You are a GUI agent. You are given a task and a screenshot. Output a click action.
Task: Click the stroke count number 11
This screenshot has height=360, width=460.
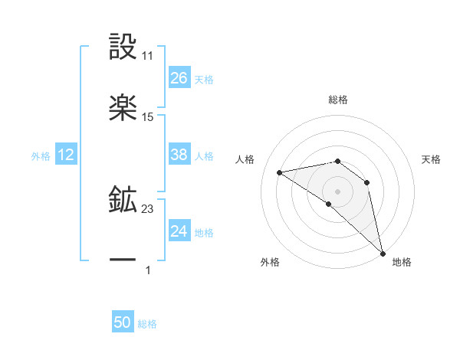(148, 56)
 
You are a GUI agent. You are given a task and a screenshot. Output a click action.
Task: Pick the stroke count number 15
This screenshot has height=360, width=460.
(148, 116)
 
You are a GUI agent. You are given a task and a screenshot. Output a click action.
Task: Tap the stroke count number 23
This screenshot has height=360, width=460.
(148, 208)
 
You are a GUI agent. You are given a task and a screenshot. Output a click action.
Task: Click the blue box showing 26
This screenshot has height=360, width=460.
(179, 78)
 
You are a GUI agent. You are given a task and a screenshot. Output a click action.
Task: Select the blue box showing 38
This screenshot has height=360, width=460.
(179, 155)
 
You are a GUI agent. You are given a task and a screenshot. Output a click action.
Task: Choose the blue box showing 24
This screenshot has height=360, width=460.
(179, 231)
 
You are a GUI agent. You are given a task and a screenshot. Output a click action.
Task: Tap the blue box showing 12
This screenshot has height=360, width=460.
(66, 155)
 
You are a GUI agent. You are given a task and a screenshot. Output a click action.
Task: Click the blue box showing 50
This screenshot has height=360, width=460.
(123, 322)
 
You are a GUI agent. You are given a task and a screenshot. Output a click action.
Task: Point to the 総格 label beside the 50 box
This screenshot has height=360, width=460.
(148, 324)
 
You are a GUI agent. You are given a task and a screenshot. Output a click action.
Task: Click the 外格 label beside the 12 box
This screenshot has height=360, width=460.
(41, 156)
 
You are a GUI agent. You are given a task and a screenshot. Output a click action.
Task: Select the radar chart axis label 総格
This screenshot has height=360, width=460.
(338, 100)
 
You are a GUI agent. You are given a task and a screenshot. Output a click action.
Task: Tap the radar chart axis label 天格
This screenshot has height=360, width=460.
(432, 159)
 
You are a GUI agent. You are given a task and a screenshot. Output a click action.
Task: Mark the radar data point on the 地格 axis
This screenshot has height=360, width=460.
(383, 252)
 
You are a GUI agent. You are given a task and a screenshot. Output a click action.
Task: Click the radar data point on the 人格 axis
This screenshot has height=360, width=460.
(280, 172)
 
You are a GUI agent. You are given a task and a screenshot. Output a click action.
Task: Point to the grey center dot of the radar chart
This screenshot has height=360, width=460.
(337, 191)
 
